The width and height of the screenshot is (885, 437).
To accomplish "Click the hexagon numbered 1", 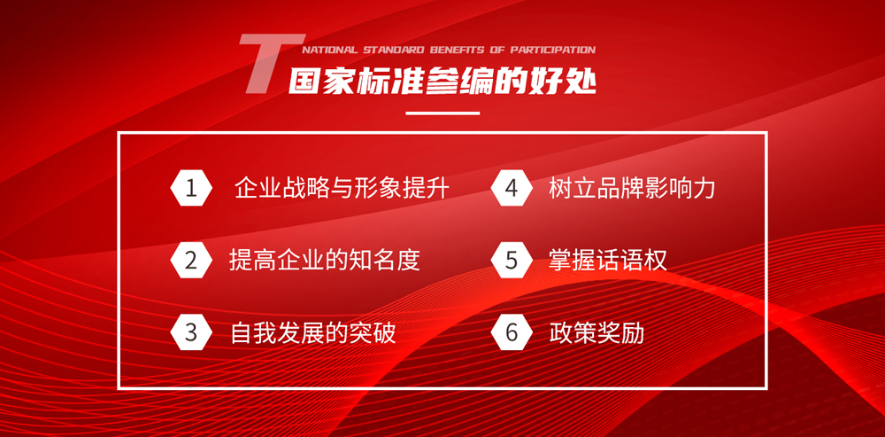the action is click(191, 188).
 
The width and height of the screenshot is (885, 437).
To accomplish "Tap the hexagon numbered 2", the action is click(191, 261).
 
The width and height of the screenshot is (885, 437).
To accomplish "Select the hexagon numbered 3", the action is click(191, 333).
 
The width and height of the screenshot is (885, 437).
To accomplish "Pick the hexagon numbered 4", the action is click(512, 188).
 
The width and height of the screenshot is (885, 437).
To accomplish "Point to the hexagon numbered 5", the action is click(512, 261).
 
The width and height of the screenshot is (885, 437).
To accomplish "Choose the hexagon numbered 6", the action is click(512, 333).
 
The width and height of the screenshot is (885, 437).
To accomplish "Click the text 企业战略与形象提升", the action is click(342, 188).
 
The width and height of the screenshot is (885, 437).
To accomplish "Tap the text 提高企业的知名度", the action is click(325, 261).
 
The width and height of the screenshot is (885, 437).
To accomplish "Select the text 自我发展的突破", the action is click(313, 333).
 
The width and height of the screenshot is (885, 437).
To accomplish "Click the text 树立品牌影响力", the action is click(632, 188).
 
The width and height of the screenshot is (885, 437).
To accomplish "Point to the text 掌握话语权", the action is click(608, 261).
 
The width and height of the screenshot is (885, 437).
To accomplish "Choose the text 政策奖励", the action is click(596, 333).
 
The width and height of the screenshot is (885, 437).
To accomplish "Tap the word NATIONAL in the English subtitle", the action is click(329, 50).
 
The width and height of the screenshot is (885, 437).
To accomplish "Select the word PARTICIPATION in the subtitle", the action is click(553, 50).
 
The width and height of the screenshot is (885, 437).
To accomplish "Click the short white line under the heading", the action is click(442, 113).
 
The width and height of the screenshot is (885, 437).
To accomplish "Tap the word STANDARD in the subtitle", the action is click(394, 50).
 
